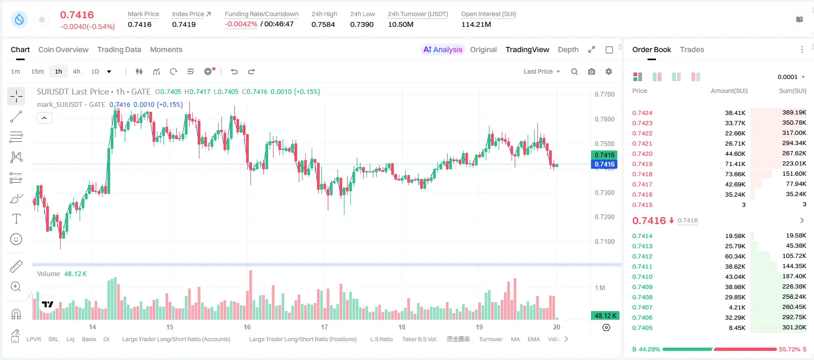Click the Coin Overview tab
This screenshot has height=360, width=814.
click(x=63, y=49)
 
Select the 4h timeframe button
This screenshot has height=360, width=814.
click(x=76, y=71)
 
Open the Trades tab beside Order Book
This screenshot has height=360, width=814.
click(x=691, y=49)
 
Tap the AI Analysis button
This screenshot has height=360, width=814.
click(x=443, y=49)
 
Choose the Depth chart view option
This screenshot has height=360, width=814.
click(x=568, y=49)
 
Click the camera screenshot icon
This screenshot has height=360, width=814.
click(x=592, y=71)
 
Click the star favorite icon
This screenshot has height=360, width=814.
click(x=42, y=19)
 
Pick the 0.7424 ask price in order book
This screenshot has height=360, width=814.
click(x=642, y=113)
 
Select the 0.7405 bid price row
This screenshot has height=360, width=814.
click(x=642, y=328)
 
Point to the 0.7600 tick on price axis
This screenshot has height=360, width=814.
click(x=604, y=119)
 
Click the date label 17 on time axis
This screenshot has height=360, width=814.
click(x=324, y=327)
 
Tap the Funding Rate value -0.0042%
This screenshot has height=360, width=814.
click(x=241, y=24)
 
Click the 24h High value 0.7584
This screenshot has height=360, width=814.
click(x=323, y=24)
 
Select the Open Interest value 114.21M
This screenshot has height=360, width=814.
click(x=476, y=24)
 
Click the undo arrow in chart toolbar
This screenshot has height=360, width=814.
click(x=234, y=71)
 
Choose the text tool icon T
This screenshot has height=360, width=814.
click(x=16, y=219)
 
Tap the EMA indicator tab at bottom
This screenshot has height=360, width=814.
click(x=534, y=339)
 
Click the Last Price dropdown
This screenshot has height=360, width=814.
click(x=542, y=71)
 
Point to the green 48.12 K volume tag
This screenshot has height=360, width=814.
click(x=605, y=316)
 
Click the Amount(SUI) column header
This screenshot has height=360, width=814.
click(x=729, y=91)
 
